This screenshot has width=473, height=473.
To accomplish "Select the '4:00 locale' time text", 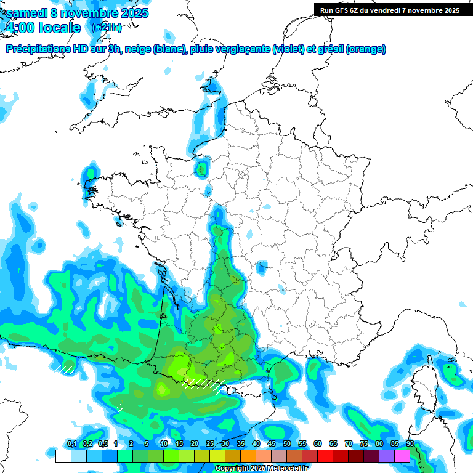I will pos(42,28).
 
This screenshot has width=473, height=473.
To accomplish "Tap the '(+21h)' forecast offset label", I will pos(107,27).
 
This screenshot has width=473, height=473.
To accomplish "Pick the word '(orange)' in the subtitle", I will pos(366,49).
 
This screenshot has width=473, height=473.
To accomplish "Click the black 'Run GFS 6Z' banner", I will pos(390,10).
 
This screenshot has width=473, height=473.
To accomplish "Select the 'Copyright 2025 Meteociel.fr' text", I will pos(261,469).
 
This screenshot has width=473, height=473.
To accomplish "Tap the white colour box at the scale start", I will pos(63,456).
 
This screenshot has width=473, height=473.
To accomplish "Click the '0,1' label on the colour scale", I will pos(71,444).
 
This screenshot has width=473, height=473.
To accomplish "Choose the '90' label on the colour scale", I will pos(410,444).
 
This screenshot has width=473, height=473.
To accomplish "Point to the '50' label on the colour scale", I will pos(287,444).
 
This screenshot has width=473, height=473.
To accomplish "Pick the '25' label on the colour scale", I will pos(210,444).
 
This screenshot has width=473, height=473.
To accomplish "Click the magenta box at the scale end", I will pos(402,456).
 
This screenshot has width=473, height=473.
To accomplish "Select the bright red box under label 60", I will pos(325,456).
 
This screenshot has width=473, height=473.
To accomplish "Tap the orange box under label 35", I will pos(248,456).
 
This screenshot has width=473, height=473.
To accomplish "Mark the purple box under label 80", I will pos(387,456).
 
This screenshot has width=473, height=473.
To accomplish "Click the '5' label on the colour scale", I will pos(147,444).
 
